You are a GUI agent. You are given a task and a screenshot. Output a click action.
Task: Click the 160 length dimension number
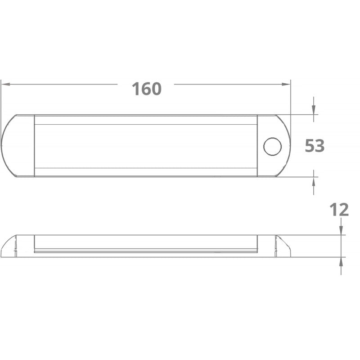point(147,89)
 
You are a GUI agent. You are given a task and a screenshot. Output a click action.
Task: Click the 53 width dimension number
point(315,145)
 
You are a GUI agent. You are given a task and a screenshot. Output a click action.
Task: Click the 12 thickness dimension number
point(339,210)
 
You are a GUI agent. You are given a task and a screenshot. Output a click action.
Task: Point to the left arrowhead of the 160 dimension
point(5,84)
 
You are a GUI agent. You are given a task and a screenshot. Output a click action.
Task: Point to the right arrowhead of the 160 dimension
point(286,84)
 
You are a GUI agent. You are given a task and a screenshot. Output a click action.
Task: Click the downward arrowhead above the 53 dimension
point(314,110)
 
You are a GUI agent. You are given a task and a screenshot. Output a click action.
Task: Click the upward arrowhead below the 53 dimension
point(314,182)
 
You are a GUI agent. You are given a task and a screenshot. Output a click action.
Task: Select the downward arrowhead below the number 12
point(341,230)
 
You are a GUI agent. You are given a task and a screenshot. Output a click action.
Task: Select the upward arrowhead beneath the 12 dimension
point(341,261)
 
